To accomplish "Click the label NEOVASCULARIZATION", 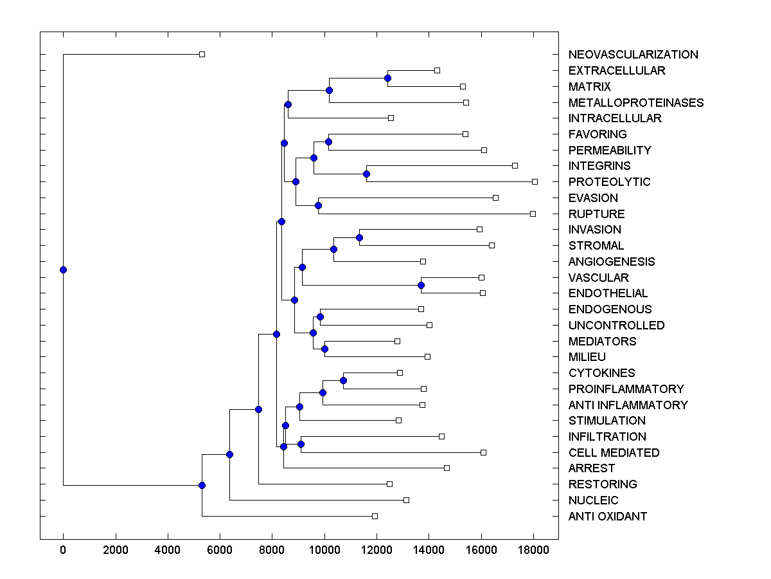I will pos(633,55).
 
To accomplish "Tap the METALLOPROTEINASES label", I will pos(635,102).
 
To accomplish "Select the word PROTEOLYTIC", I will pos(609,182).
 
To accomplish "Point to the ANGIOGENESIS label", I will pos(611,262).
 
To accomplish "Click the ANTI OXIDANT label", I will pos(607,517).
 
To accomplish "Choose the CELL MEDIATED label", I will pos(614,453).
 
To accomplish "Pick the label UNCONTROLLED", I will pos(616,326).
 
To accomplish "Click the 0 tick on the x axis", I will pos(63,550).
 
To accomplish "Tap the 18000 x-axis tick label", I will pos(533,550).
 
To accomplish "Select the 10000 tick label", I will pos(324,550).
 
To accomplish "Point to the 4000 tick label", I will pos(168,550).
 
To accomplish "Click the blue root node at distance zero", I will pos(63,270).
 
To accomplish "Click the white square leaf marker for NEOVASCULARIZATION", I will pos(202,55).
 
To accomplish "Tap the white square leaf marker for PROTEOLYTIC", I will pos(535,181).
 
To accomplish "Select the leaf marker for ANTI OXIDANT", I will pos(375,516).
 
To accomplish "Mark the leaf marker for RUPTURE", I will pos(533,214).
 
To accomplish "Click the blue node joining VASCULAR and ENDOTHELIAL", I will pos(421,285).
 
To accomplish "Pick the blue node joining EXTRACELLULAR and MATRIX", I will pos(387,78).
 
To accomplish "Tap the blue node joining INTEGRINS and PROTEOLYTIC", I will pos(366,174).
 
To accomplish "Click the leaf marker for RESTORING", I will pos(389,484).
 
